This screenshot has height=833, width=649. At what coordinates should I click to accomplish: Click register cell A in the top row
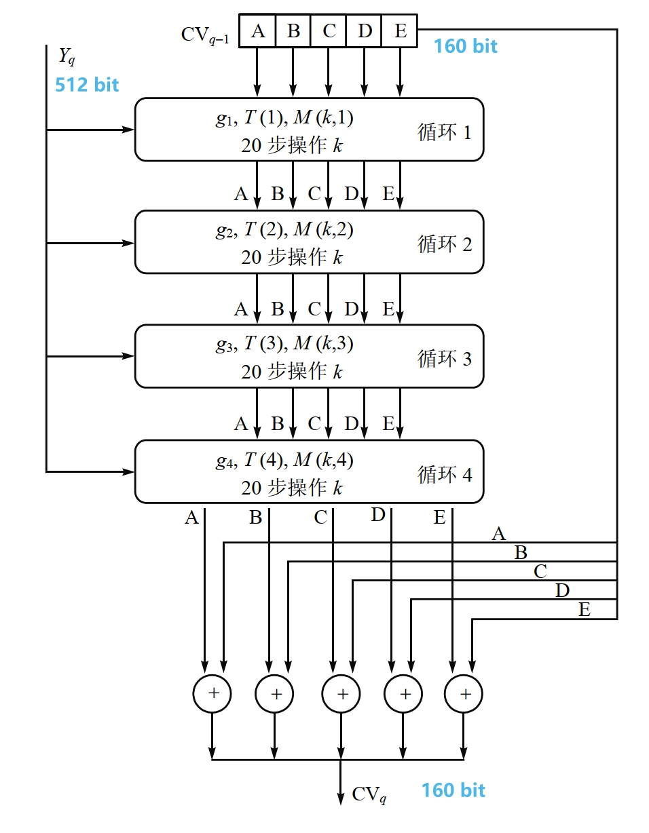[258, 31]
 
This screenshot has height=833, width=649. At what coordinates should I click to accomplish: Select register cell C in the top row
[329, 31]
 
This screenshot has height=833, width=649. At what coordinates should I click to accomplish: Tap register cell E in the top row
[399, 31]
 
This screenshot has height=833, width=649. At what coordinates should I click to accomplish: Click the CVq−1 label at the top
[205, 35]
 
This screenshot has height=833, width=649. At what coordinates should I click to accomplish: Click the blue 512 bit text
[87, 85]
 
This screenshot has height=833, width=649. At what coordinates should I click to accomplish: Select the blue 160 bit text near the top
[466, 46]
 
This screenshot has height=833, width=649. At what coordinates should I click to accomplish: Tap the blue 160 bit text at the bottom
[453, 790]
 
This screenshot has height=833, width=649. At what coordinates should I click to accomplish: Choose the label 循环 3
[444, 358]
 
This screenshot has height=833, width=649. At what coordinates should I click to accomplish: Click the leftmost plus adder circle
[212, 693]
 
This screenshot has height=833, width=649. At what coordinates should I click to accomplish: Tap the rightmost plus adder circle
[464, 693]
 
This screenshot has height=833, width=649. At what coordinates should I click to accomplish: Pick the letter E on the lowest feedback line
[585, 610]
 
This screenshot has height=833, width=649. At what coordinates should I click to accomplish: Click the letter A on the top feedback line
[499, 535]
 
